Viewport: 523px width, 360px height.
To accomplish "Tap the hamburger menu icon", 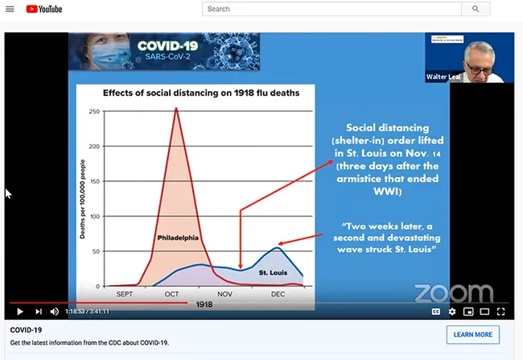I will point(10,9).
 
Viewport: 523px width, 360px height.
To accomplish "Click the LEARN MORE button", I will point(472,334).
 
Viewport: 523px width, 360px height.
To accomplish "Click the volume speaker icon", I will point(55,312).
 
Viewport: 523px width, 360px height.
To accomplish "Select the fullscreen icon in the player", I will point(501,312).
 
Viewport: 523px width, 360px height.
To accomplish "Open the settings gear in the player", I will point(452,312).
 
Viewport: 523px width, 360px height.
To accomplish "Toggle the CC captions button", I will point(435,312).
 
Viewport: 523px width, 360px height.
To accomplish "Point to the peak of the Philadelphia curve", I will point(175,109).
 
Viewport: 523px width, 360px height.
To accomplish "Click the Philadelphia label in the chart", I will point(178,238).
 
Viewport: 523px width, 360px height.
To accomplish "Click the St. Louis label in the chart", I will point(273,274).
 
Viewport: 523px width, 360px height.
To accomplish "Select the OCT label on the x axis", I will point(172,294).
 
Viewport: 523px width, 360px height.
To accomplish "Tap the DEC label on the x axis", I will point(278,294).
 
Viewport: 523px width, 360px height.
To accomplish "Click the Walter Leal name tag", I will point(442,77).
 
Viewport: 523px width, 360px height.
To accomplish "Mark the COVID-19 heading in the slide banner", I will point(168,46).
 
